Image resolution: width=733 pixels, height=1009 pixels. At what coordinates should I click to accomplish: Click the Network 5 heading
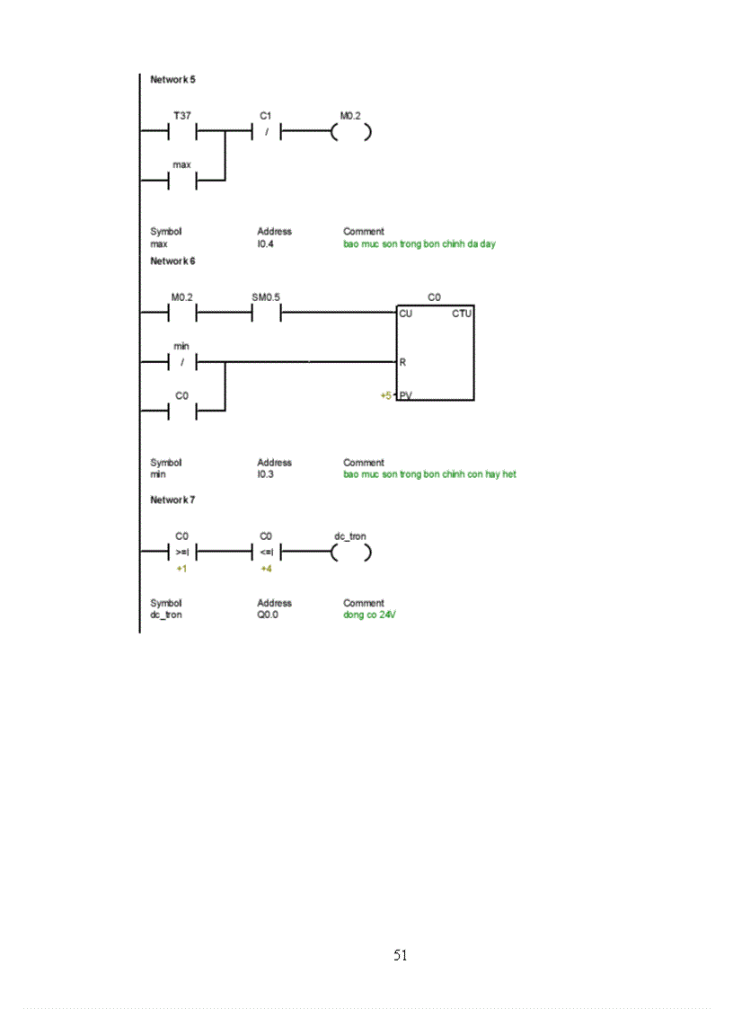172,80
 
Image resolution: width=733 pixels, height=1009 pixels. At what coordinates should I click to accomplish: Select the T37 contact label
181,116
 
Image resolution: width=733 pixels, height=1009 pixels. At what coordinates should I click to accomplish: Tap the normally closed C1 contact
266,133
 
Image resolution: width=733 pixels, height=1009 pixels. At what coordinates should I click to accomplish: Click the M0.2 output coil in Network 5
350,133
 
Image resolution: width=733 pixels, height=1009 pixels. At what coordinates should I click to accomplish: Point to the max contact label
181,165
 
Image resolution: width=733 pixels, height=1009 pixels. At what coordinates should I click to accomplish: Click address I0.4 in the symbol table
267,243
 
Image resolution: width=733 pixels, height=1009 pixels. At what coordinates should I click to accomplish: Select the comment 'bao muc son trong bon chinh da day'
419,243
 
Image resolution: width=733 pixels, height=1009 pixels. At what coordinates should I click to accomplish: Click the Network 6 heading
172,261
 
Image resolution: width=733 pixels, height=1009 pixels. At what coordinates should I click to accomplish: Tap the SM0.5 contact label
266,296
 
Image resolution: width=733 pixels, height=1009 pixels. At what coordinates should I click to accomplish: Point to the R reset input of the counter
402,362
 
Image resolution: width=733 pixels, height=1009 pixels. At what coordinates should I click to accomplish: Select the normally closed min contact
181,363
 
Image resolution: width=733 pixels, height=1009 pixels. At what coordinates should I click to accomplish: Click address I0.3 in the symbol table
266,474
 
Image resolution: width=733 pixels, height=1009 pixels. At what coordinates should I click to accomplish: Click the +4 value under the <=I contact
266,570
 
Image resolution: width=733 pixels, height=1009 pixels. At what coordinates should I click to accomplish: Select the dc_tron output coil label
349,536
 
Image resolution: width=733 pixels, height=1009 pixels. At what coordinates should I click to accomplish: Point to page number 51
401,955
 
